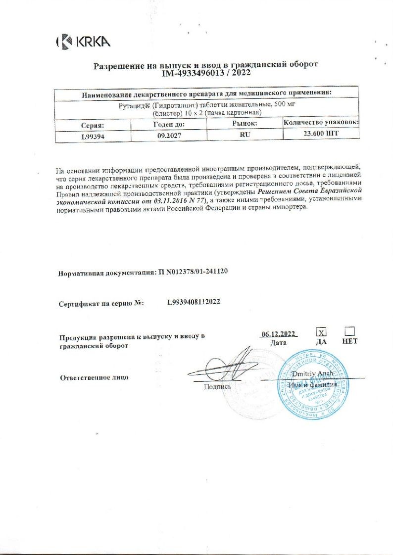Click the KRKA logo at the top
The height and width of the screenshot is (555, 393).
coord(83,42)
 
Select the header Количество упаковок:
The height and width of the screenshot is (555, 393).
coord(321,122)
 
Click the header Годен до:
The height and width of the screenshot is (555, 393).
coord(168,125)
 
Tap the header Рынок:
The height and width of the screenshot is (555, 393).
coord(245,124)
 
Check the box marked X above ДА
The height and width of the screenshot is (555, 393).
coord(321,332)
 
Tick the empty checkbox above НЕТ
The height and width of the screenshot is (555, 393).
coord(349,331)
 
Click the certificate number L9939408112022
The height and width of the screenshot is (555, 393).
coord(201,302)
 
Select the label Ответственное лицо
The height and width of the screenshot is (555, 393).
coord(94,377)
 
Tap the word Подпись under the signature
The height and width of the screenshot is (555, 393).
coord(217,387)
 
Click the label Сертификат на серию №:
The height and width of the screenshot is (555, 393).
coord(101,303)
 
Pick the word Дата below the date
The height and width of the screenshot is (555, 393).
coord(279,342)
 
